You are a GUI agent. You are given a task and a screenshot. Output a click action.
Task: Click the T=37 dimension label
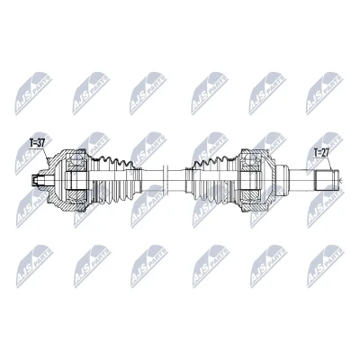click(x=37, y=143)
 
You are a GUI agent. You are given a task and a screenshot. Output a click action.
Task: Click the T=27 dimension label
click(x=321, y=153)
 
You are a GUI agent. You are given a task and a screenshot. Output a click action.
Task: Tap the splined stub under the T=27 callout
click(x=326, y=180)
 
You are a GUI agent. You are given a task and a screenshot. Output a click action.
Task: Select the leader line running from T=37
click(x=47, y=156)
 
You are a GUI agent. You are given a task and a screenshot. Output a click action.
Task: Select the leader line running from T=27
click(x=330, y=164)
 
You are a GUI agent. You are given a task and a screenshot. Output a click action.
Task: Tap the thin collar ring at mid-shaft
click(x=164, y=180)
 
